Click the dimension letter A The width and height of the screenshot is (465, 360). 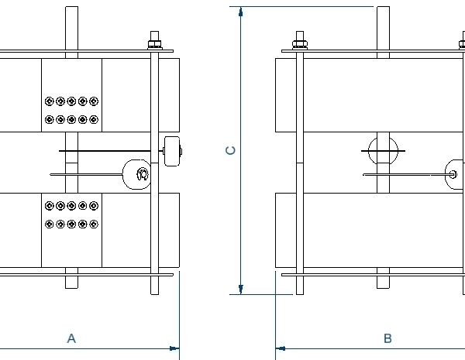click(71, 338)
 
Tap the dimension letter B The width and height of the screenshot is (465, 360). click(387, 338)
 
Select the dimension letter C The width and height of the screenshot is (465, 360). click(230, 151)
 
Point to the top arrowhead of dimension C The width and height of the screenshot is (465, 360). click(242, 12)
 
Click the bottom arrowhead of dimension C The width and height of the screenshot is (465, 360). click(242, 290)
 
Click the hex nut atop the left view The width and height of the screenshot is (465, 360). click(155, 39)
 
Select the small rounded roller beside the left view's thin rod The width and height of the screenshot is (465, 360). click(172, 150)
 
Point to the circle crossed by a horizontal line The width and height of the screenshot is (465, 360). click(382, 150)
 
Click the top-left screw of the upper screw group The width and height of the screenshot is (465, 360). click(50, 101)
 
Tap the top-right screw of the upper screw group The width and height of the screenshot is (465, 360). click(94, 101)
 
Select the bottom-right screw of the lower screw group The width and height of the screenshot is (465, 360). click(94, 225)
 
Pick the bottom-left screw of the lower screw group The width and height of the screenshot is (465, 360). click(50, 225)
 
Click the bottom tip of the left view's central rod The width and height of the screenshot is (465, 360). click(71, 287)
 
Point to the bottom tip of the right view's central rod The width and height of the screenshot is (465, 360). click(382, 287)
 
